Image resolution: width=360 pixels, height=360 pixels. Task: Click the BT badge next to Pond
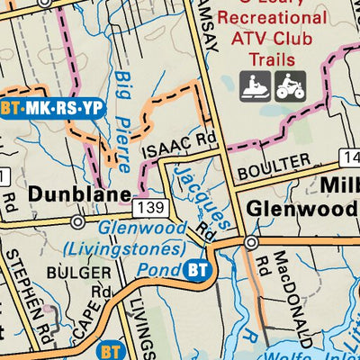pos(198,269)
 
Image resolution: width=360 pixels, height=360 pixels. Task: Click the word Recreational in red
pos(274,18)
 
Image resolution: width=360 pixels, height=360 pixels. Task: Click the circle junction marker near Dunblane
pos(78,220)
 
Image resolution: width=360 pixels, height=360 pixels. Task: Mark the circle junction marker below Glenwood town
pos(251,242)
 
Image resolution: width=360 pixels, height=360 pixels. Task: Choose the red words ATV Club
pos(273,39)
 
